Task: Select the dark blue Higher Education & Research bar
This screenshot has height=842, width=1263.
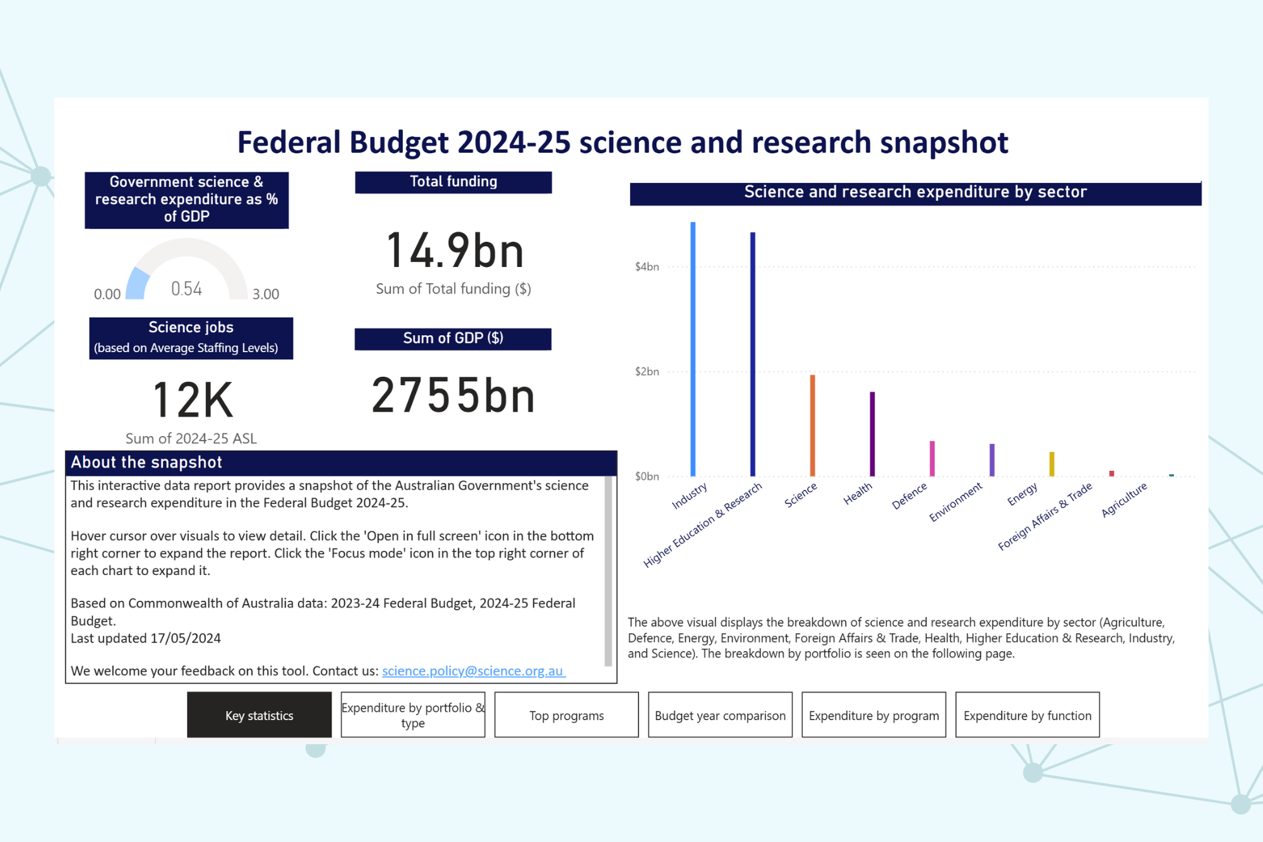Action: click(x=752, y=354)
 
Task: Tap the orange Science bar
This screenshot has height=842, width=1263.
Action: click(x=812, y=425)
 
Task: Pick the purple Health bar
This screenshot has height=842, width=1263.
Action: click(x=872, y=434)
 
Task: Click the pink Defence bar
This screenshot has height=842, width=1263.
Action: click(x=932, y=458)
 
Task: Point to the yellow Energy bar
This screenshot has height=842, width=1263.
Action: click(x=1051, y=464)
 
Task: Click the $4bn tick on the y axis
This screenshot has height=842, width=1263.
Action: click(x=647, y=267)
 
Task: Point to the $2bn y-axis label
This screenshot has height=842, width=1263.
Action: click(x=647, y=372)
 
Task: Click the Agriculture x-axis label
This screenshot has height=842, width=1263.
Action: click(x=1124, y=499)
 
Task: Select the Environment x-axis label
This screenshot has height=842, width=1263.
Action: click(x=955, y=502)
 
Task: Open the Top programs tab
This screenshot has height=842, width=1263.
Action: click(x=566, y=715)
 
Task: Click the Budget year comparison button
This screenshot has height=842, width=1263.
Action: click(x=720, y=715)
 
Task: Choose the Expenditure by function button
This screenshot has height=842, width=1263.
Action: click(x=1027, y=715)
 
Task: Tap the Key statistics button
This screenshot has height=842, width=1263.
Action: click(x=259, y=715)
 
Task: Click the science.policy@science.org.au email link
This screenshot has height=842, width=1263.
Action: click(x=473, y=671)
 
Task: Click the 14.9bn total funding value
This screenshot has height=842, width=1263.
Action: click(x=454, y=251)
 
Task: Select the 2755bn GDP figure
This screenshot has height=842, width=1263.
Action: click(x=453, y=396)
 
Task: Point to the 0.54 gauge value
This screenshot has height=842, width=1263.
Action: click(x=187, y=289)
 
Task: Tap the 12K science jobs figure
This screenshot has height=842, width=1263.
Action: click(x=193, y=400)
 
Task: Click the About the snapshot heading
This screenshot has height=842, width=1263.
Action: click(x=147, y=463)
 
